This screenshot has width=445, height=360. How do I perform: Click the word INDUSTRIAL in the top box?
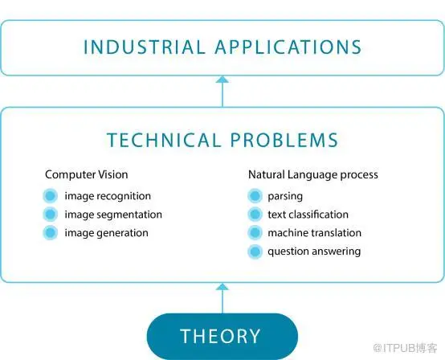coord(145,47)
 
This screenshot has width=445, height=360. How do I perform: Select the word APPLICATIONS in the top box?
coord(288,47)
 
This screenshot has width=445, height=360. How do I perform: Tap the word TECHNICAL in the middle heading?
coord(164,140)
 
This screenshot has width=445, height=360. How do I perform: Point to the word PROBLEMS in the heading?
coord(284,140)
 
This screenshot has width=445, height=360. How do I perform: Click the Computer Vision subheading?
coord(87,174)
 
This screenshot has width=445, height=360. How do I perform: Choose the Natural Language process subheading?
coord(313,175)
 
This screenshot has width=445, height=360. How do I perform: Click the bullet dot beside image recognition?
coord(51,196)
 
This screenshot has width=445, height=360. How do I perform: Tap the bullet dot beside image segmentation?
coord(51,215)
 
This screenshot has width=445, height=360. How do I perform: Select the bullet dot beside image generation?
coord(51,233)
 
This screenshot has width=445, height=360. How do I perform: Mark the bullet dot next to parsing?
coord(255,196)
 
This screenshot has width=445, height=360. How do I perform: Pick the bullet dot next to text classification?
coord(255,215)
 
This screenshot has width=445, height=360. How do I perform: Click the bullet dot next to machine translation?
coord(255,233)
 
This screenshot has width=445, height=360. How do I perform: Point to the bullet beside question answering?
coord(255,252)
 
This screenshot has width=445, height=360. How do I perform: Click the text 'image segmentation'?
coord(113,215)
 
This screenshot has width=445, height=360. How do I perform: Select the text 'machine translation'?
coord(314,233)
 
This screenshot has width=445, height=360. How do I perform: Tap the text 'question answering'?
coord(314,252)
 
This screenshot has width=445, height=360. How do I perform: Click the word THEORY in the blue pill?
coord(220,336)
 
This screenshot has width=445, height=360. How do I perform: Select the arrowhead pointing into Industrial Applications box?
coord(222,80)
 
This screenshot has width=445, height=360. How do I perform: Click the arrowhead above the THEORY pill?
coord(222,287)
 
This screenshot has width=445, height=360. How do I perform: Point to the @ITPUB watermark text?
coord(406,348)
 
